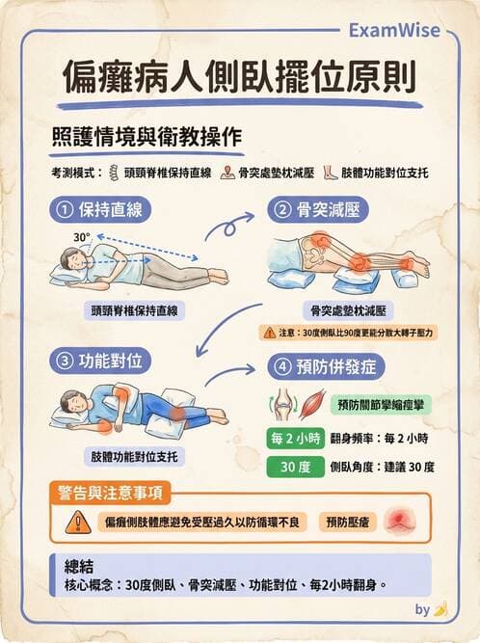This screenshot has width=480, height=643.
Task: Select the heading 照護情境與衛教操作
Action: pos(146,136)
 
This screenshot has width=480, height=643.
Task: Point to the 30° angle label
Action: pos(81,236)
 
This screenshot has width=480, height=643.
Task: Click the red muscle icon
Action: pos(311,403)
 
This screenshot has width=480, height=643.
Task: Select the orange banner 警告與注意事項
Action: pos(112,494)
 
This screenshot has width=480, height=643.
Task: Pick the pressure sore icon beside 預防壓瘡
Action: pos(398,522)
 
